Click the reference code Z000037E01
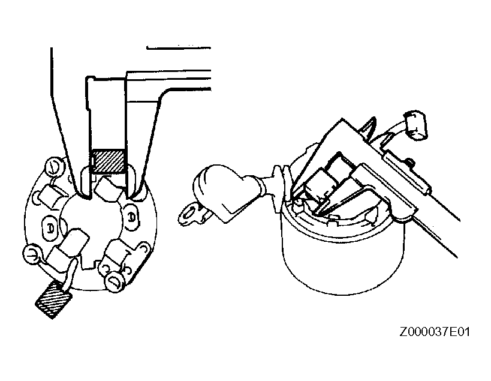[435, 331]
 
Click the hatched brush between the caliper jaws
[108, 161]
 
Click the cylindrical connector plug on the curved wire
[415, 125]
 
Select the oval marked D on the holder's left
[50, 228]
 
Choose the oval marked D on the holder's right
[132, 217]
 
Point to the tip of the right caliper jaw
[128, 197]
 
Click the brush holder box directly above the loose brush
[67, 248]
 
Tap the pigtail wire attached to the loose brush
[71, 272]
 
